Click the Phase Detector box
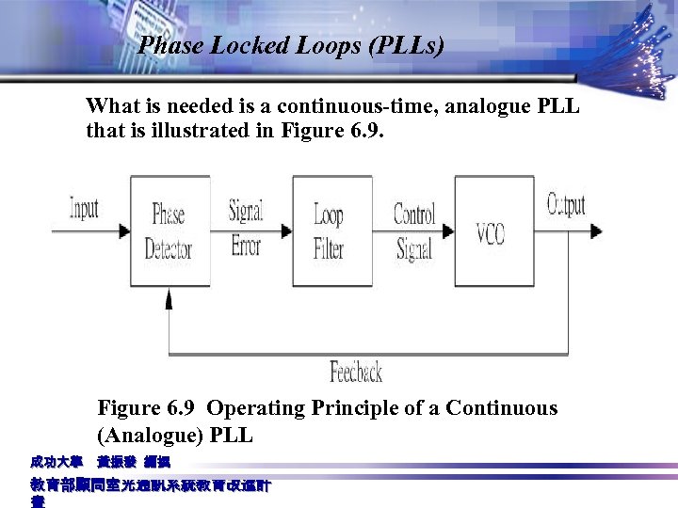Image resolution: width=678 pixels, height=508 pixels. [x=169, y=231]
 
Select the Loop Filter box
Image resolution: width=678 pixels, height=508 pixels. [x=331, y=231]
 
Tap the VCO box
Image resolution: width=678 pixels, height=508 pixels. [x=493, y=231]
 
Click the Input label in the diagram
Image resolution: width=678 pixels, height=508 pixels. [x=84, y=208]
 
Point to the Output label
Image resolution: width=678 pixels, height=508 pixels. [x=566, y=204]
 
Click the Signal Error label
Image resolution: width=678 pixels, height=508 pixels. [x=246, y=229]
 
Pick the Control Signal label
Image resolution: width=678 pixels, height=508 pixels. [x=413, y=231]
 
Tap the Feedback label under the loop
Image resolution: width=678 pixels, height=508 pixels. [x=355, y=373]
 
